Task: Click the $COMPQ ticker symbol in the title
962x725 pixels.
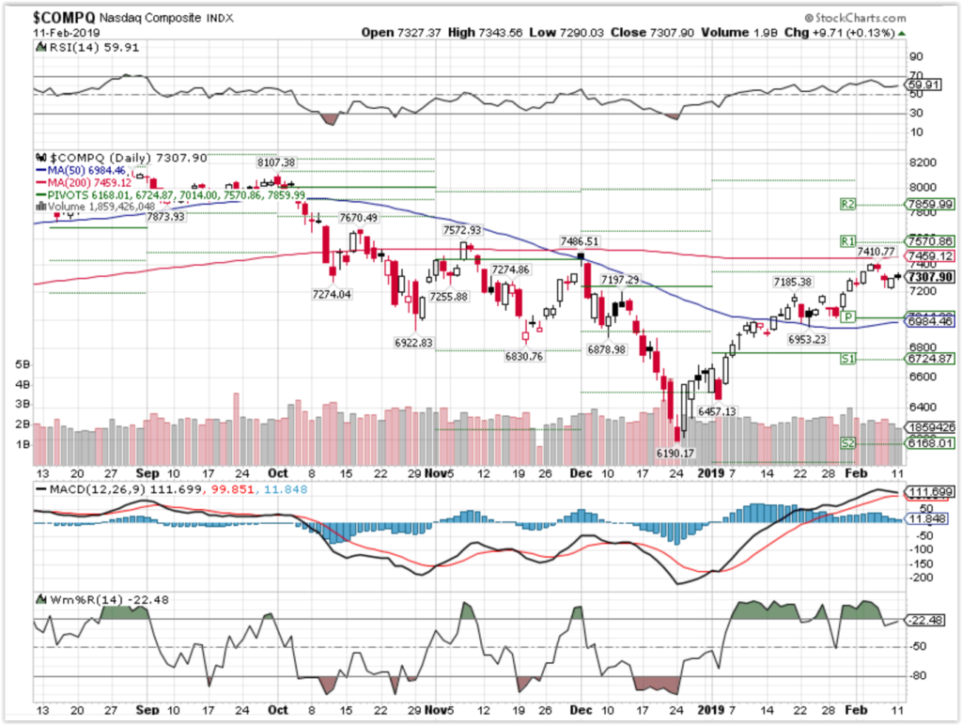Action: click(63, 19)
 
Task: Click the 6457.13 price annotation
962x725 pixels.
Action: click(716, 412)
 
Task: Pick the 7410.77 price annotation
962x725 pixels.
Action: click(876, 251)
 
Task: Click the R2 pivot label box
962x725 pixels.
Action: click(849, 204)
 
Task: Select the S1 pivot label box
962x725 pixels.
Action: click(849, 358)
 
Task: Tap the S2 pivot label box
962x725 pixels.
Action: click(849, 443)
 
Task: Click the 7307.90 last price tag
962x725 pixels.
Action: click(929, 277)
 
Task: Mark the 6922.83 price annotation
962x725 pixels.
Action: click(414, 343)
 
